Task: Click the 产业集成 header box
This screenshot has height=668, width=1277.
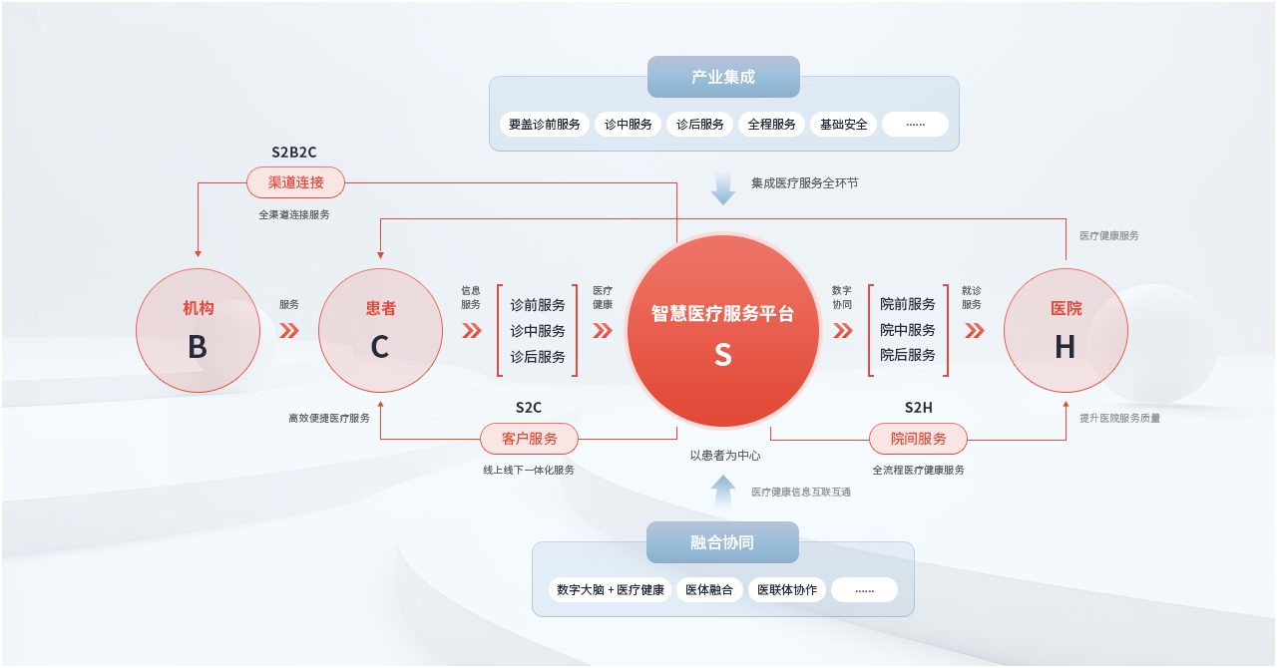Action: pyautogui.click(x=723, y=77)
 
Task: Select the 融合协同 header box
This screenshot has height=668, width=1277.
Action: pyautogui.click(x=722, y=542)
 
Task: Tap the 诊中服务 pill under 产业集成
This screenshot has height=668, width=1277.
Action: pyautogui.click(x=628, y=125)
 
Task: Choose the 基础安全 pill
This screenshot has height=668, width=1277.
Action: pyautogui.click(x=843, y=125)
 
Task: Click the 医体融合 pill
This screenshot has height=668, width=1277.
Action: pyautogui.click(x=709, y=590)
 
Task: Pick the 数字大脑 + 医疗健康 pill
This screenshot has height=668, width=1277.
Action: pyautogui.click(x=610, y=590)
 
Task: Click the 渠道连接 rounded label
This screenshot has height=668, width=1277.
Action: pyautogui.click(x=296, y=182)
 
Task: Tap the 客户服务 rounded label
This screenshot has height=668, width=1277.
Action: pyautogui.click(x=529, y=439)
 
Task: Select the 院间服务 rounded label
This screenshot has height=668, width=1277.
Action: pyautogui.click(x=918, y=439)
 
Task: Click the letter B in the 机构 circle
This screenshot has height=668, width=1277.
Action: pyautogui.click(x=198, y=347)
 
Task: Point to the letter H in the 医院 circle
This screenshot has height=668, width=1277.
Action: pyautogui.click(x=1064, y=347)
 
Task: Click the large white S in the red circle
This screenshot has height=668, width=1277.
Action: pyautogui.click(x=723, y=355)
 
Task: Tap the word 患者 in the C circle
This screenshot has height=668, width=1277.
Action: pyautogui.click(x=380, y=308)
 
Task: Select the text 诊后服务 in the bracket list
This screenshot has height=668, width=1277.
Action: pyautogui.click(x=537, y=357)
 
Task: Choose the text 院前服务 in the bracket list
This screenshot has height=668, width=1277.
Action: pyautogui.click(x=907, y=304)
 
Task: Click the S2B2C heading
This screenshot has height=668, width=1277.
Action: pyautogui.click(x=293, y=153)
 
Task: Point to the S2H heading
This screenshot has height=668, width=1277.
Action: pyautogui.click(x=918, y=408)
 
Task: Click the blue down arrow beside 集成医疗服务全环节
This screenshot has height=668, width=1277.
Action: pyautogui.click(x=723, y=188)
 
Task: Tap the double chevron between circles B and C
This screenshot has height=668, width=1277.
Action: pyautogui.click(x=289, y=331)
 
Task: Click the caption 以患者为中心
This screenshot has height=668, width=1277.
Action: pyautogui.click(x=724, y=456)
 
